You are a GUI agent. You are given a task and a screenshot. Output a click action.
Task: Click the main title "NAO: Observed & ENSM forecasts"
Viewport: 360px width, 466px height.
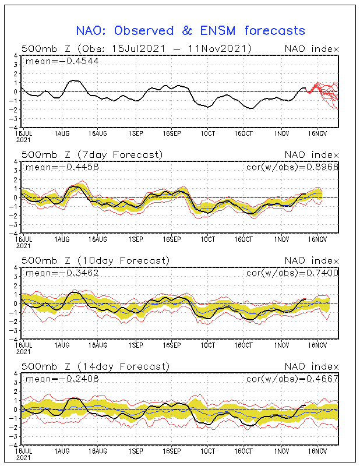[190, 30]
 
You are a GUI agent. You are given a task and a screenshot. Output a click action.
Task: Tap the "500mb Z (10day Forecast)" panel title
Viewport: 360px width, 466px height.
[95, 260]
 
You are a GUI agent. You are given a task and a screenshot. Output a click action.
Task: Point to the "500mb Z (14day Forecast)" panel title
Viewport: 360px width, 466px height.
[95, 366]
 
